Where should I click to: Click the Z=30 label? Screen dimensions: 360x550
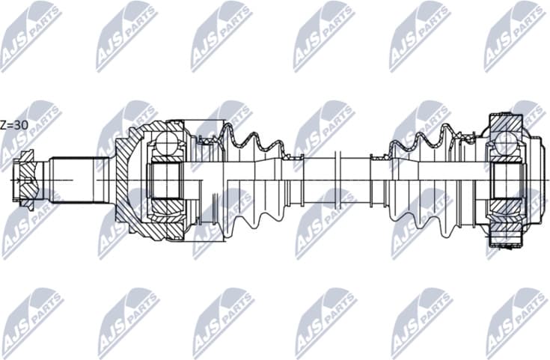14,125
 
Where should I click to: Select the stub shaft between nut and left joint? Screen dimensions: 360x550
73,180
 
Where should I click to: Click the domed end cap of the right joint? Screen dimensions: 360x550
536,180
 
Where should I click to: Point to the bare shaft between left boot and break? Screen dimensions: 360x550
318,180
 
